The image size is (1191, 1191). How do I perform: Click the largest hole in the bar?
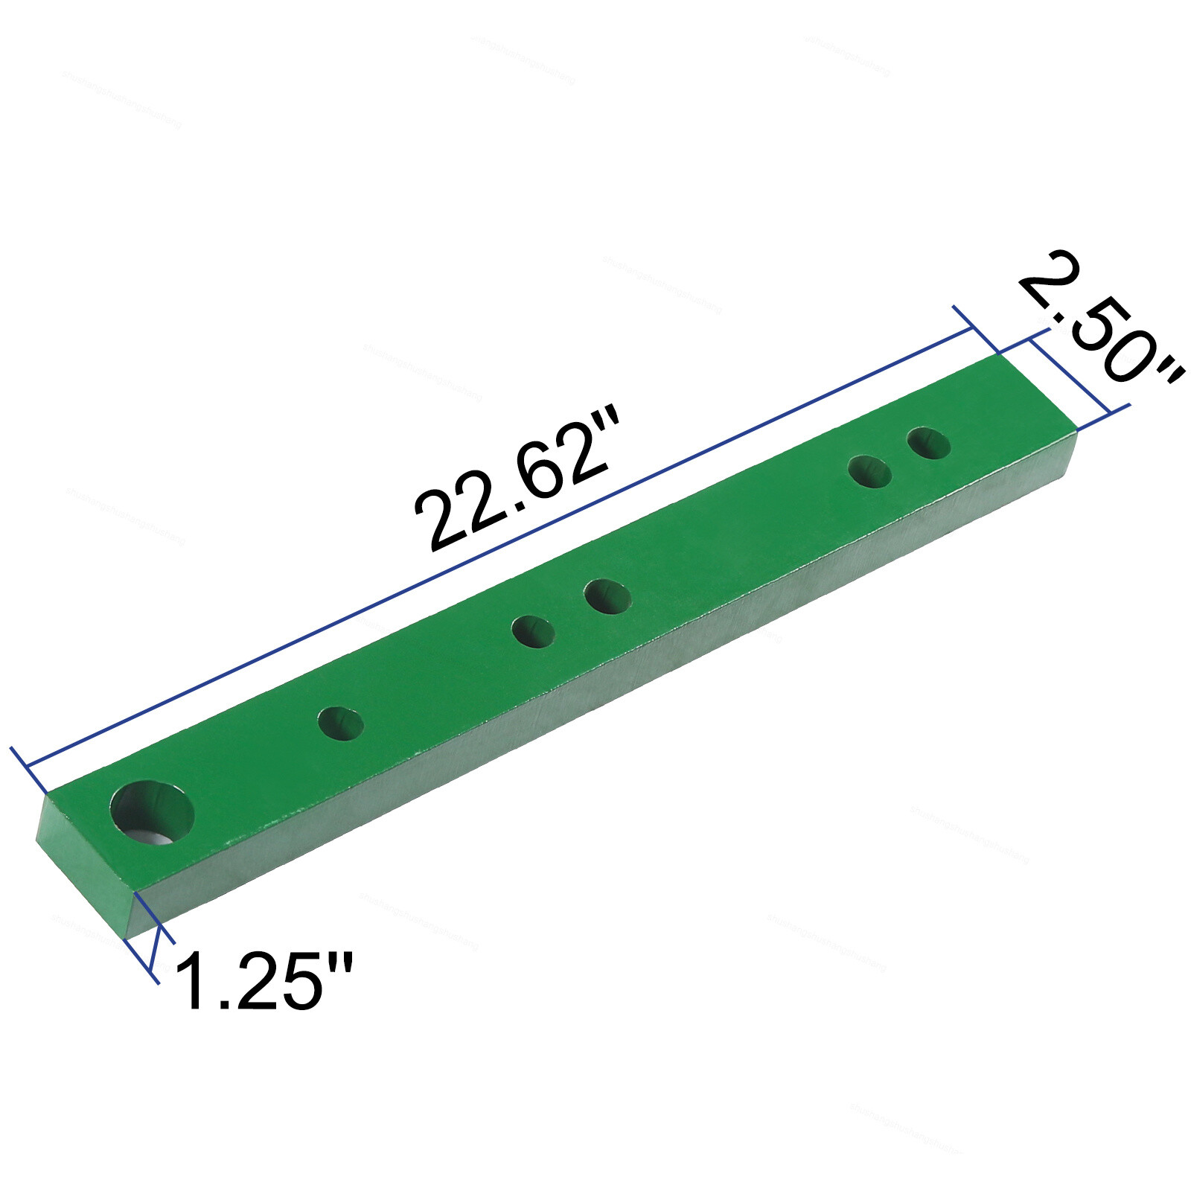(x=152, y=811)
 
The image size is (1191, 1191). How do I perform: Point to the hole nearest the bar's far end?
(x=928, y=444)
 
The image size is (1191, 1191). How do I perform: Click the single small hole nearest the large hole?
(x=341, y=724)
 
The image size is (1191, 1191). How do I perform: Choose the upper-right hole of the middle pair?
(x=607, y=597)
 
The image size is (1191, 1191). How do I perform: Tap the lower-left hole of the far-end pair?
(x=870, y=472)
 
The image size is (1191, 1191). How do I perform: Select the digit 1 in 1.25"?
(x=192, y=980)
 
